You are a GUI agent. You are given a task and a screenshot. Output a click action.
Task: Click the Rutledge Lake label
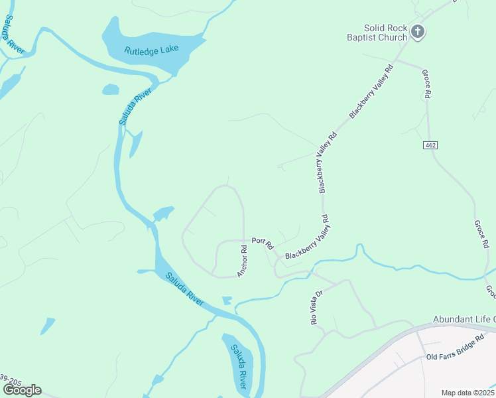tap(152, 50)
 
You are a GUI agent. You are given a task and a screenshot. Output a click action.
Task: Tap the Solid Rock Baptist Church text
tap(384, 33)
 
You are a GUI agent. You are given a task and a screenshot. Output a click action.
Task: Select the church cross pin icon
tap(418, 31)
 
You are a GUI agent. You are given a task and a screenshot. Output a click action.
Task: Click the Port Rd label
tap(263, 243)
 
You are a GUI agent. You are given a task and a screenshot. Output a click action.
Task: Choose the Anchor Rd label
tap(243, 261)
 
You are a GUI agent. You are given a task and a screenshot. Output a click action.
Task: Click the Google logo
tap(22, 389)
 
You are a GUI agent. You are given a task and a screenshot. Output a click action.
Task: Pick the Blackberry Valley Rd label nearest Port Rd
tap(307, 237)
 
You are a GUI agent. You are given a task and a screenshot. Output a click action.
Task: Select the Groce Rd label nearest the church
tap(427, 86)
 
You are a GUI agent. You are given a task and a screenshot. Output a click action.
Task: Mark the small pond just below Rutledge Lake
tap(110, 89)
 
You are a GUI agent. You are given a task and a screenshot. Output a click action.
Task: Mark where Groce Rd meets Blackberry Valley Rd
tap(395, 64)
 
